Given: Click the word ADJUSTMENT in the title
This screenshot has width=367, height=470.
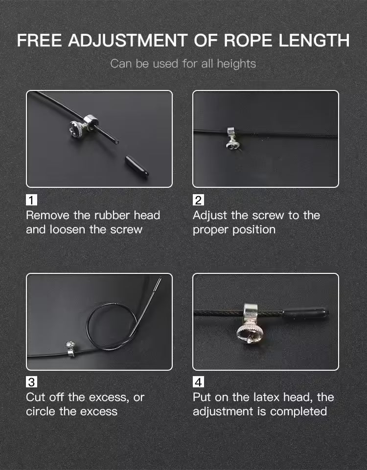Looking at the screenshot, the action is pyautogui.click(x=128, y=40).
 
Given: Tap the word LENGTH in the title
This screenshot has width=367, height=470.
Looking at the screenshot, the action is pyautogui.click(x=314, y=40).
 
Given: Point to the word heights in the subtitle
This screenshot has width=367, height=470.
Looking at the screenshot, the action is pyautogui.click(x=236, y=64).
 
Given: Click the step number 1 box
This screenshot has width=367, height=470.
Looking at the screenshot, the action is pyautogui.click(x=31, y=200).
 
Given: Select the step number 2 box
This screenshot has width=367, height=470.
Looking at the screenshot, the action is pyautogui.click(x=198, y=200).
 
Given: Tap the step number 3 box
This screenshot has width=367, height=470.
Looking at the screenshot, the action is pyautogui.click(x=31, y=382).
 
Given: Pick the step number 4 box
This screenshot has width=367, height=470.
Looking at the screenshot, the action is pyautogui.click(x=198, y=382).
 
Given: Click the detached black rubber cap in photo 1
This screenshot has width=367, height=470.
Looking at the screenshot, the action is pyautogui.click(x=137, y=167).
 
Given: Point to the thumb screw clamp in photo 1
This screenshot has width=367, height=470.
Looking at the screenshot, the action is pyautogui.click(x=83, y=126).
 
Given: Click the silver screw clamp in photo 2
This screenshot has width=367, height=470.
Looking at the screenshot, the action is pyautogui.click(x=232, y=138).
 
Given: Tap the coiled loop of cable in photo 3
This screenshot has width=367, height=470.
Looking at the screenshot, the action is pyautogui.click(x=112, y=326).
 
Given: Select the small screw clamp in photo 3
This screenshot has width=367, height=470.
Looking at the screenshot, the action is pyautogui.click(x=70, y=349).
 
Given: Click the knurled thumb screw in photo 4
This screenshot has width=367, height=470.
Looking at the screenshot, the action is pyautogui.click(x=250, y=333).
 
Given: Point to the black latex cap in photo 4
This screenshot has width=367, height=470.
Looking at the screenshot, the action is pyautogui.click(x=306, y=313).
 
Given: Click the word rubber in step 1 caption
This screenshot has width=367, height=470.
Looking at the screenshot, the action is pyautogui.click(x=112, y=215).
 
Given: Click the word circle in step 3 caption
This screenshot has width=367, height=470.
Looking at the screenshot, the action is pyautogui.click(x=41, y=411).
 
